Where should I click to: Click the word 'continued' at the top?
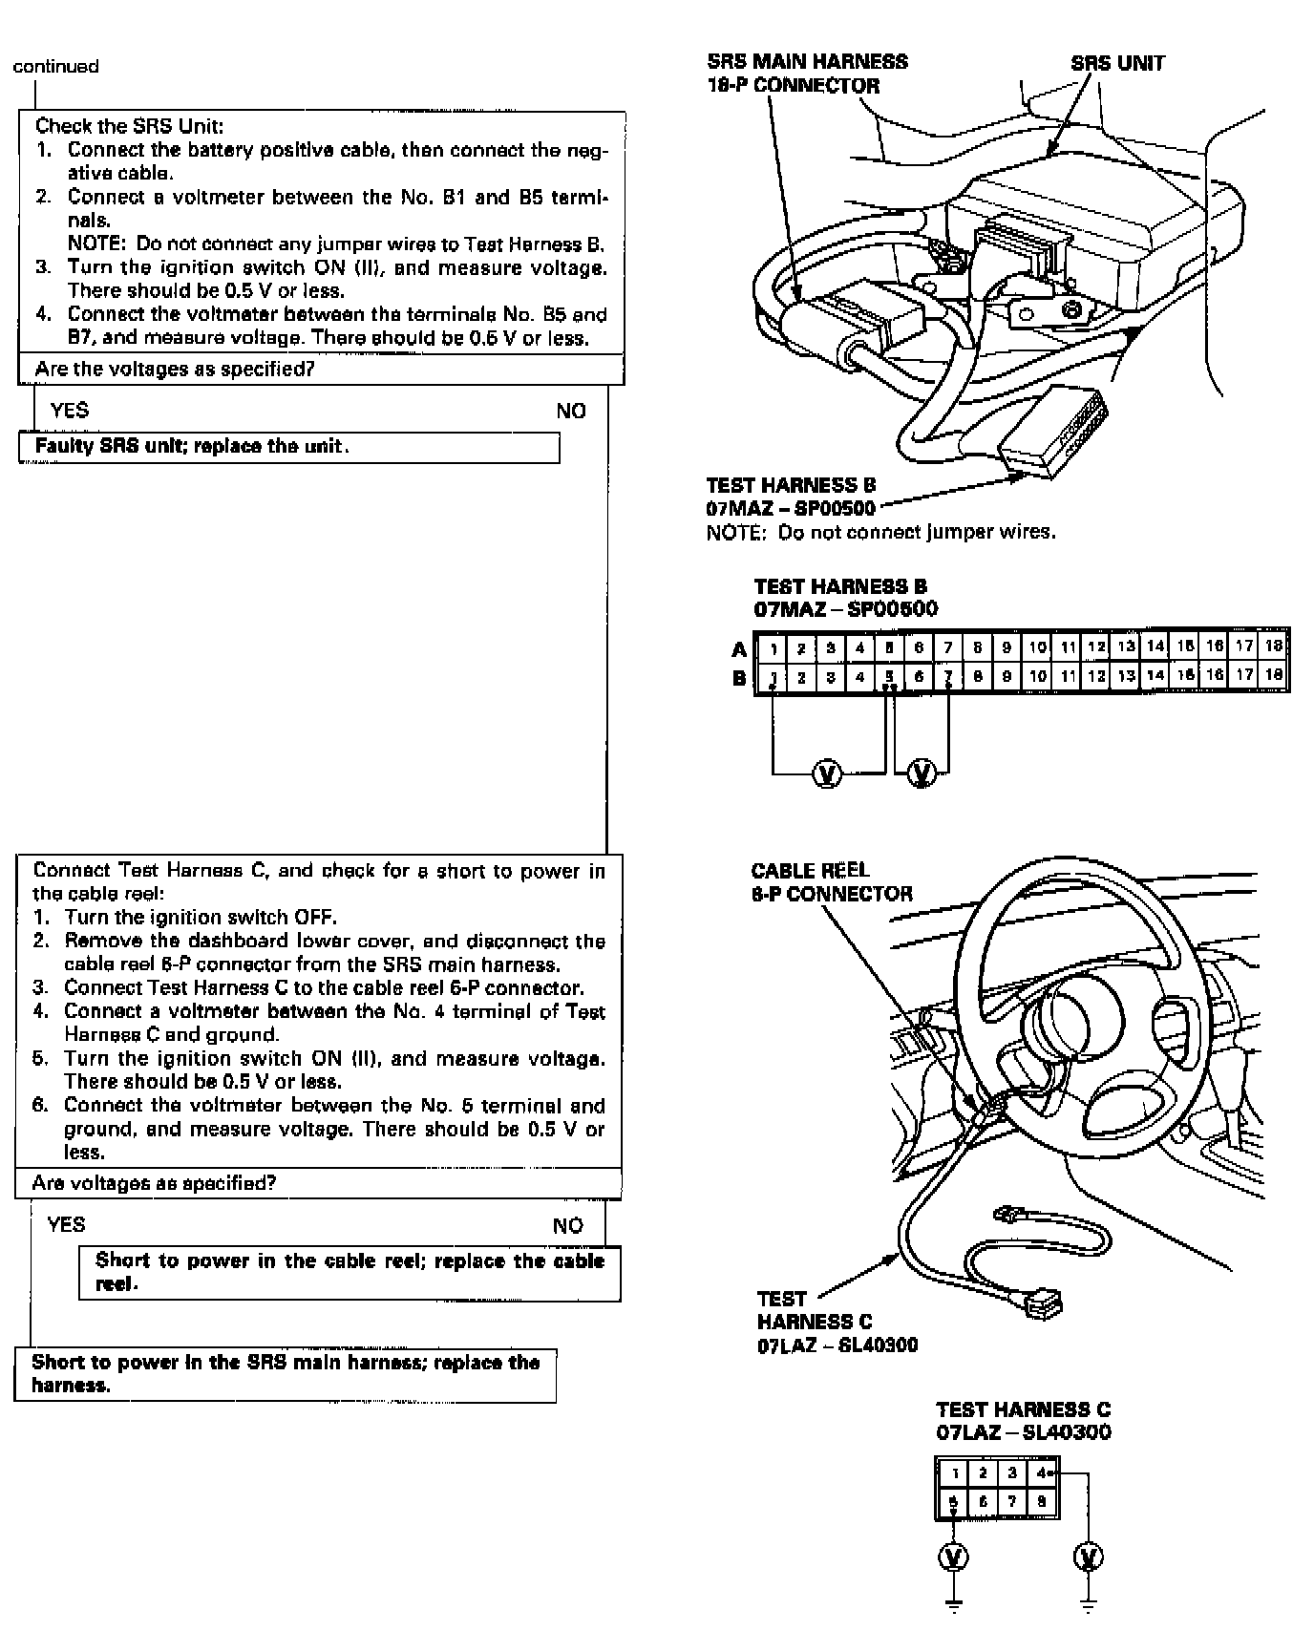click(x=55, y=66)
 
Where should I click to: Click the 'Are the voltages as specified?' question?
click(x=175, y=370)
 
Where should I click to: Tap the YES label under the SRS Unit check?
click(x=70, y=411)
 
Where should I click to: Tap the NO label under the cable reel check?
click(x=567, y=1225)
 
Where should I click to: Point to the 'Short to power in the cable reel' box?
click(x=350, y=1272)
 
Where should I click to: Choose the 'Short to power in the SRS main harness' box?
click(x=285, y=1374)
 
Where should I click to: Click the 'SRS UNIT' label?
click(x=1117, y=64)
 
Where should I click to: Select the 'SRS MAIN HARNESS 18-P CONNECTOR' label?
click(x=807, y=74)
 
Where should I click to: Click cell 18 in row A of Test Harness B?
click(x=1273, y=646)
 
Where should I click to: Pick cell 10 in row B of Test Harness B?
click(x=1037, y=677)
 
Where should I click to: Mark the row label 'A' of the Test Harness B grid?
click(x=739, y=649)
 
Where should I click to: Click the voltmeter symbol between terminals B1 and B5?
click(x=827, y=772)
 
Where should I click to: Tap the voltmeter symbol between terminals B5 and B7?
click(x=922, y=772)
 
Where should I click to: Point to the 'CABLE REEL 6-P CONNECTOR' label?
click(x=831, y=881)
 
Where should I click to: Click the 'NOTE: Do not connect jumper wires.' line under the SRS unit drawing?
click(x=880, y=532)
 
